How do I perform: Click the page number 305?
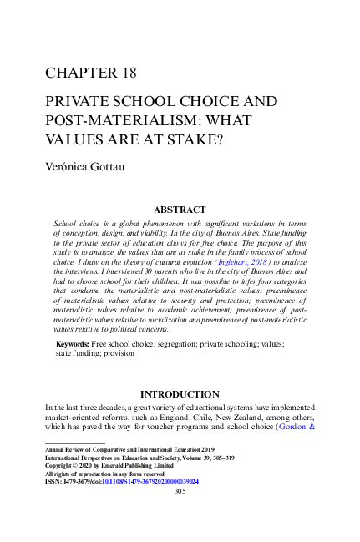180,492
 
